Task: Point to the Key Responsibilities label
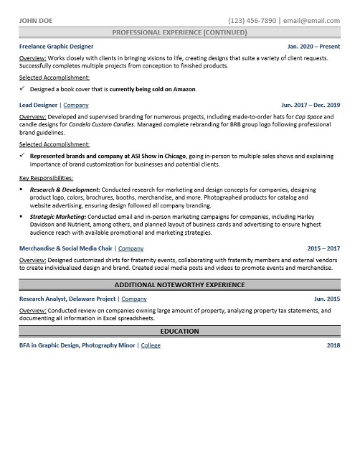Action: coord(47,177)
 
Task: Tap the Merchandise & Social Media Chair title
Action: coord(66,248)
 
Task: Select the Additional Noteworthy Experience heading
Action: coord(180,285)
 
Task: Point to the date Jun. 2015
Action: coord(326,298)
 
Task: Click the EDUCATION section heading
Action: coord(180,332)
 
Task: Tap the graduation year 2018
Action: coord(333,345)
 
